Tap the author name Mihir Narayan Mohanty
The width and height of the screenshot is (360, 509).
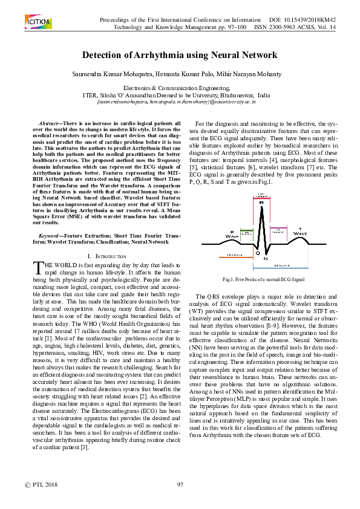(241, 74)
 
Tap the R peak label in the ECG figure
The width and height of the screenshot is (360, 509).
(261, 203)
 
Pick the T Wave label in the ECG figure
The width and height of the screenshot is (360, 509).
(300, 232)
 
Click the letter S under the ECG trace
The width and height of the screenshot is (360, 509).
(266, 258)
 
